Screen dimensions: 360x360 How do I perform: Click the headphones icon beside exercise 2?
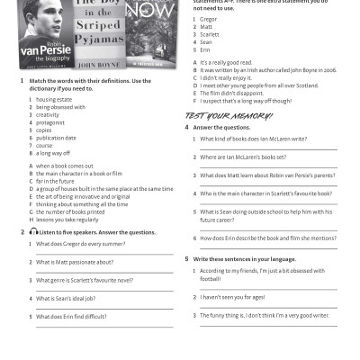(x=33, y=231)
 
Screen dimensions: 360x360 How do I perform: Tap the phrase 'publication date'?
(x=57, y=137)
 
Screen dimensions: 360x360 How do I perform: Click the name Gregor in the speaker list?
(x=208, y=19)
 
